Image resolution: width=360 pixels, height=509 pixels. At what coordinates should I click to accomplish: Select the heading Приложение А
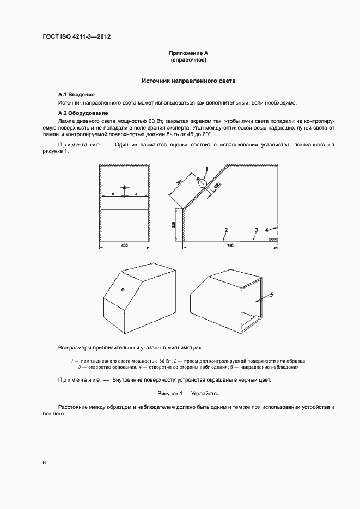pyautogui.click(x=188, y=53)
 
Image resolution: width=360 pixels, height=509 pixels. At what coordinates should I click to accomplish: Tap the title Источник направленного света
pyautogui.click(x=188, y=81)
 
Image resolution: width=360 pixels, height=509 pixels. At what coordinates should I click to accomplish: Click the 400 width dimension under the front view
pyautogui.click(x=124, y=246)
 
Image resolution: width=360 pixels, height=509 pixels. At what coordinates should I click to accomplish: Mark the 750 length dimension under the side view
pyautogui.click(x=229, y=246)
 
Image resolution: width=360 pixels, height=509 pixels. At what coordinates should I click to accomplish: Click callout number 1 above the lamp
pyautogui.click(x=207, y=169)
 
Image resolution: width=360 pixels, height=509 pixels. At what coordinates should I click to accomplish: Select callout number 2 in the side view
pyautogui.click(x=225, y=231)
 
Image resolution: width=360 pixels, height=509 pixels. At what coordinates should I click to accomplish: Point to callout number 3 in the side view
pyautogui.click(x=256, y=231)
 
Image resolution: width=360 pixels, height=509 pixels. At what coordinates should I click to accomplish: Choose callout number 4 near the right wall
pyautogui.click(x=267, y=230)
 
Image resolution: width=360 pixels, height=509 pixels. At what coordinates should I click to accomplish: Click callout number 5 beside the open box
pyautogui.click(x=271, y=295)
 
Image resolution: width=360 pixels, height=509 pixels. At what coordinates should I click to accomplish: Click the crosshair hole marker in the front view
pyautogui.click(x=124, y=188)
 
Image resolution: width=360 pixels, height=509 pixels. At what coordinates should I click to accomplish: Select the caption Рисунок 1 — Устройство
pyautogui.click(x=188, y=393)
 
